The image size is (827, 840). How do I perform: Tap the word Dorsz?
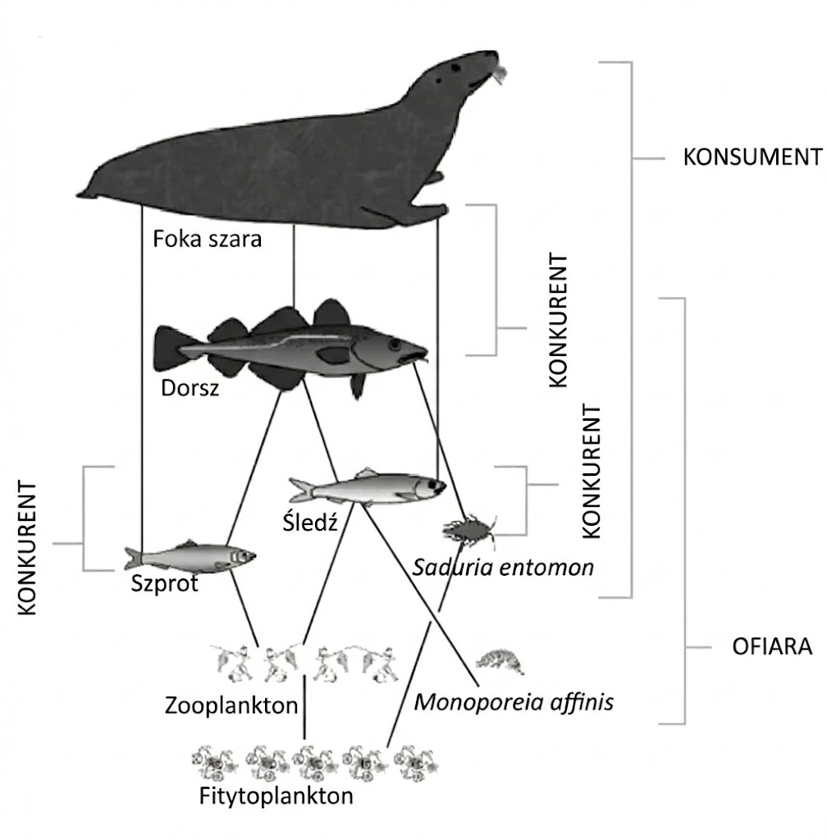(190, 388)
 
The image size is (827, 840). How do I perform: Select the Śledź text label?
(310, 522)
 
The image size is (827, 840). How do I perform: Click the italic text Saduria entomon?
(503, 567)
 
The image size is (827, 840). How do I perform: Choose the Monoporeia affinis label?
(514, 702)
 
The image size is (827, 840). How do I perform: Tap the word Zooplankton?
(231, 705)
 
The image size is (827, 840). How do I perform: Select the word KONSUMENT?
(752, 157)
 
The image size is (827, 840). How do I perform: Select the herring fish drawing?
(368, 489)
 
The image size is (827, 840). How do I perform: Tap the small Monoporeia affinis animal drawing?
(500, 661)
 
